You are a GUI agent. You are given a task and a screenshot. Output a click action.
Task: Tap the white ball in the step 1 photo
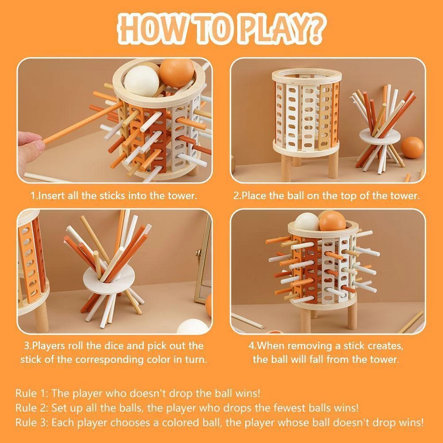click(x=142, y=81)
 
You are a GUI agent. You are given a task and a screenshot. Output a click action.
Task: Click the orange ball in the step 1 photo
click(x=177, y=72)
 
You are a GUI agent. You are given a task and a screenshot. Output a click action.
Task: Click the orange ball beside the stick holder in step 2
click(x=412, y=148)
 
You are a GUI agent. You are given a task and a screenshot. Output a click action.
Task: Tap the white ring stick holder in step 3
click(x=109, y=279)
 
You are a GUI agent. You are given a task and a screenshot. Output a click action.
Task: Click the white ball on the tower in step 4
click(x=307, y=221)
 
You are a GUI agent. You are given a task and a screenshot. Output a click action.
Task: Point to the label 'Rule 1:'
click(x=31, y=393)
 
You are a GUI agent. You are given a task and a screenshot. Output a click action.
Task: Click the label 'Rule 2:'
click(x=31, y=408)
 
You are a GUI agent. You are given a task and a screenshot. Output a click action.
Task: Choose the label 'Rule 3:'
click(x=31, y=422)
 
